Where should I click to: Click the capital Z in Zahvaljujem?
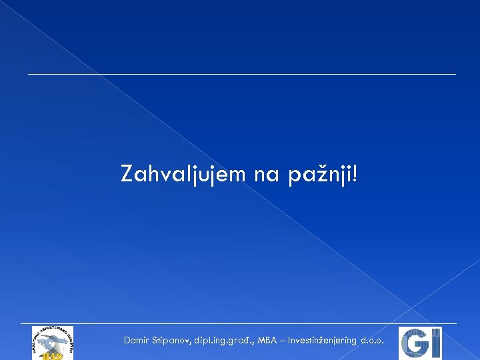[127, 174]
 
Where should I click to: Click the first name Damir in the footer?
[136, 341]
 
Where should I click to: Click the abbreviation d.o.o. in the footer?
[371, 341]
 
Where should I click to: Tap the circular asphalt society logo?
[53, 343]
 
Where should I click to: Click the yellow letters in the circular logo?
[53, 355]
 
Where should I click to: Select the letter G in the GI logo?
[414, 344]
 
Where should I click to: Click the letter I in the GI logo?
[434, 344]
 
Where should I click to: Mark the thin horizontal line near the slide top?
[241, 74]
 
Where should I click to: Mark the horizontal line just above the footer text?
[241, 324]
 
